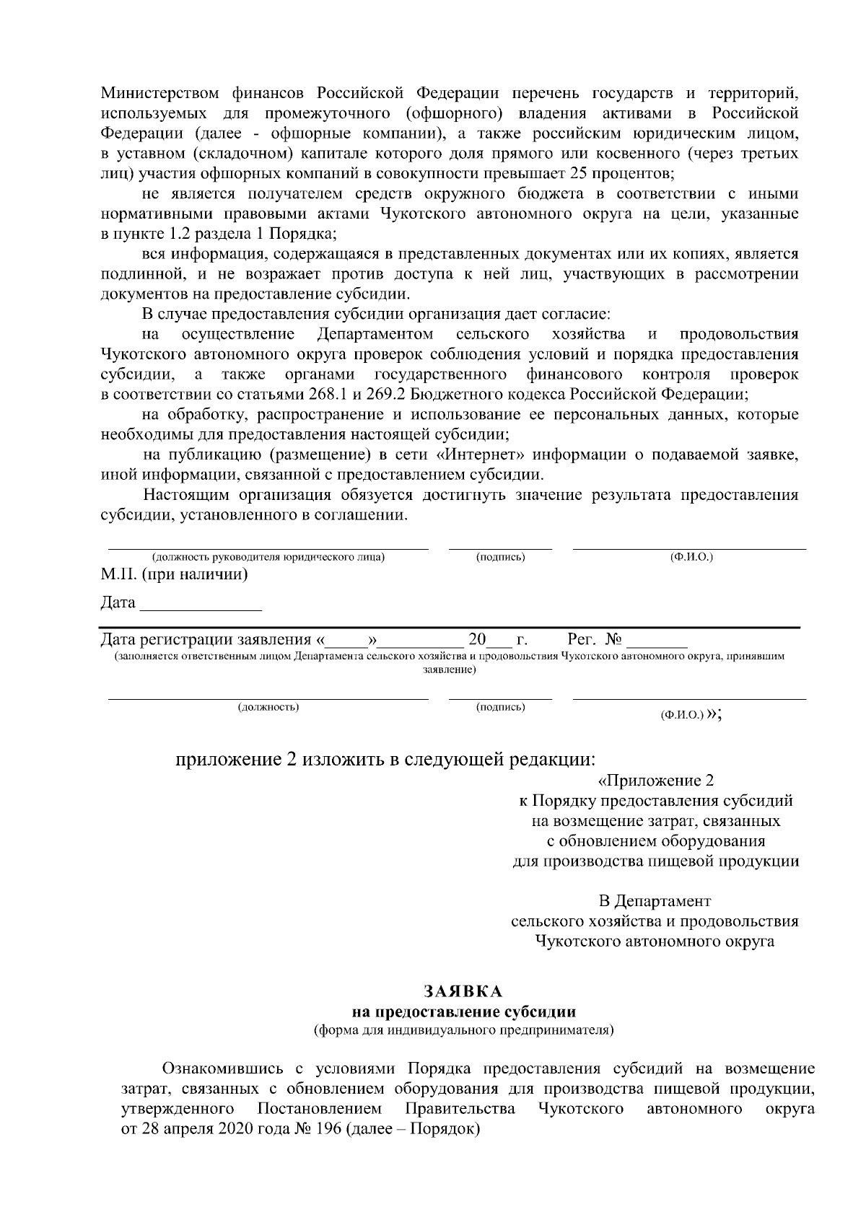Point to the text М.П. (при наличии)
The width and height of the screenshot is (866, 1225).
point(174,575)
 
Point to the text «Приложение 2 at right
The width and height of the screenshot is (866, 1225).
point(656,781)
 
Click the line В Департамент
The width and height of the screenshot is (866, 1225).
point(655,901)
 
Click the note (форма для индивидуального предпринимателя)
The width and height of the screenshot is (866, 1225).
point(463,1029)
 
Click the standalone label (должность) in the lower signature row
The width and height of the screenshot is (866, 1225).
point(268,707)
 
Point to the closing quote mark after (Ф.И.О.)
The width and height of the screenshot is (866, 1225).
point(714,714)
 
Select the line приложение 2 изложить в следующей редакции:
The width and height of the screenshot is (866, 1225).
point(386,760)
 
